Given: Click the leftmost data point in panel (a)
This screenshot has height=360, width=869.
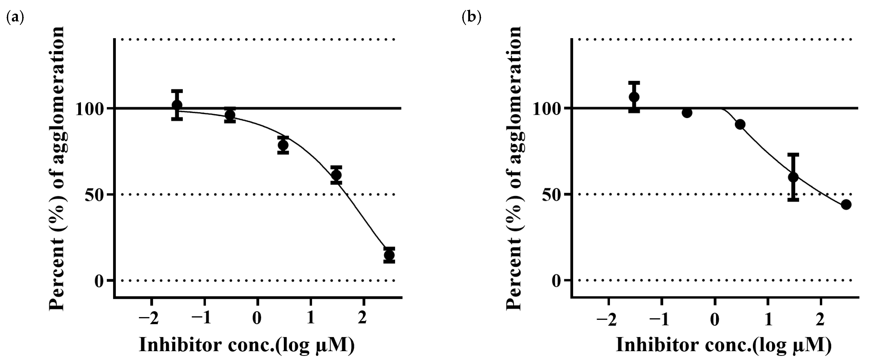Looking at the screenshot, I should coord(177,105).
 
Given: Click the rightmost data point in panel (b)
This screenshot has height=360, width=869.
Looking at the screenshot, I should coord(846,204).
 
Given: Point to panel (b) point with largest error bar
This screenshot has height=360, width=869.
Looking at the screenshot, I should coord(793,177).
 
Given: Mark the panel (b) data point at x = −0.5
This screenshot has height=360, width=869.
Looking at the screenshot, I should coord(687,113).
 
